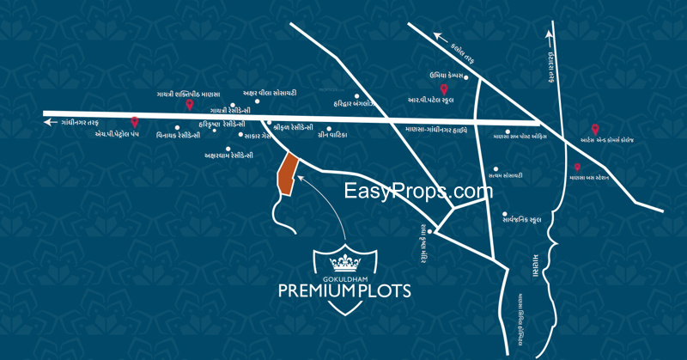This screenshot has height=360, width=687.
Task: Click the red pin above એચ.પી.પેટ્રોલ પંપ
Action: (133, 122)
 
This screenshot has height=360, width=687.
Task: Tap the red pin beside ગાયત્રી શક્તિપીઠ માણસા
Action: (189, 105)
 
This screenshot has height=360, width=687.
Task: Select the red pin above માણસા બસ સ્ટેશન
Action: (577, 168)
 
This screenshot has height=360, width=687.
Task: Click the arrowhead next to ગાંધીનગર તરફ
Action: (47, 123)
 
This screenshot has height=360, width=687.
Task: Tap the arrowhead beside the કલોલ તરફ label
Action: (438, 36)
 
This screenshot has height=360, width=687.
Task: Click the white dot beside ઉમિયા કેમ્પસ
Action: (465, 76)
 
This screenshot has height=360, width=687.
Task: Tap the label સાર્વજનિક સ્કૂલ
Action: (526, 220)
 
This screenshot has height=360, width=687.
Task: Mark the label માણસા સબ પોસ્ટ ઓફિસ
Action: (526, 136)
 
